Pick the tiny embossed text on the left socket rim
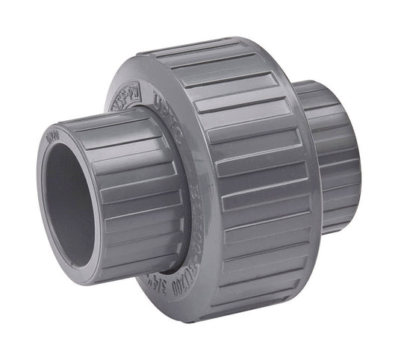coord(52,137)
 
